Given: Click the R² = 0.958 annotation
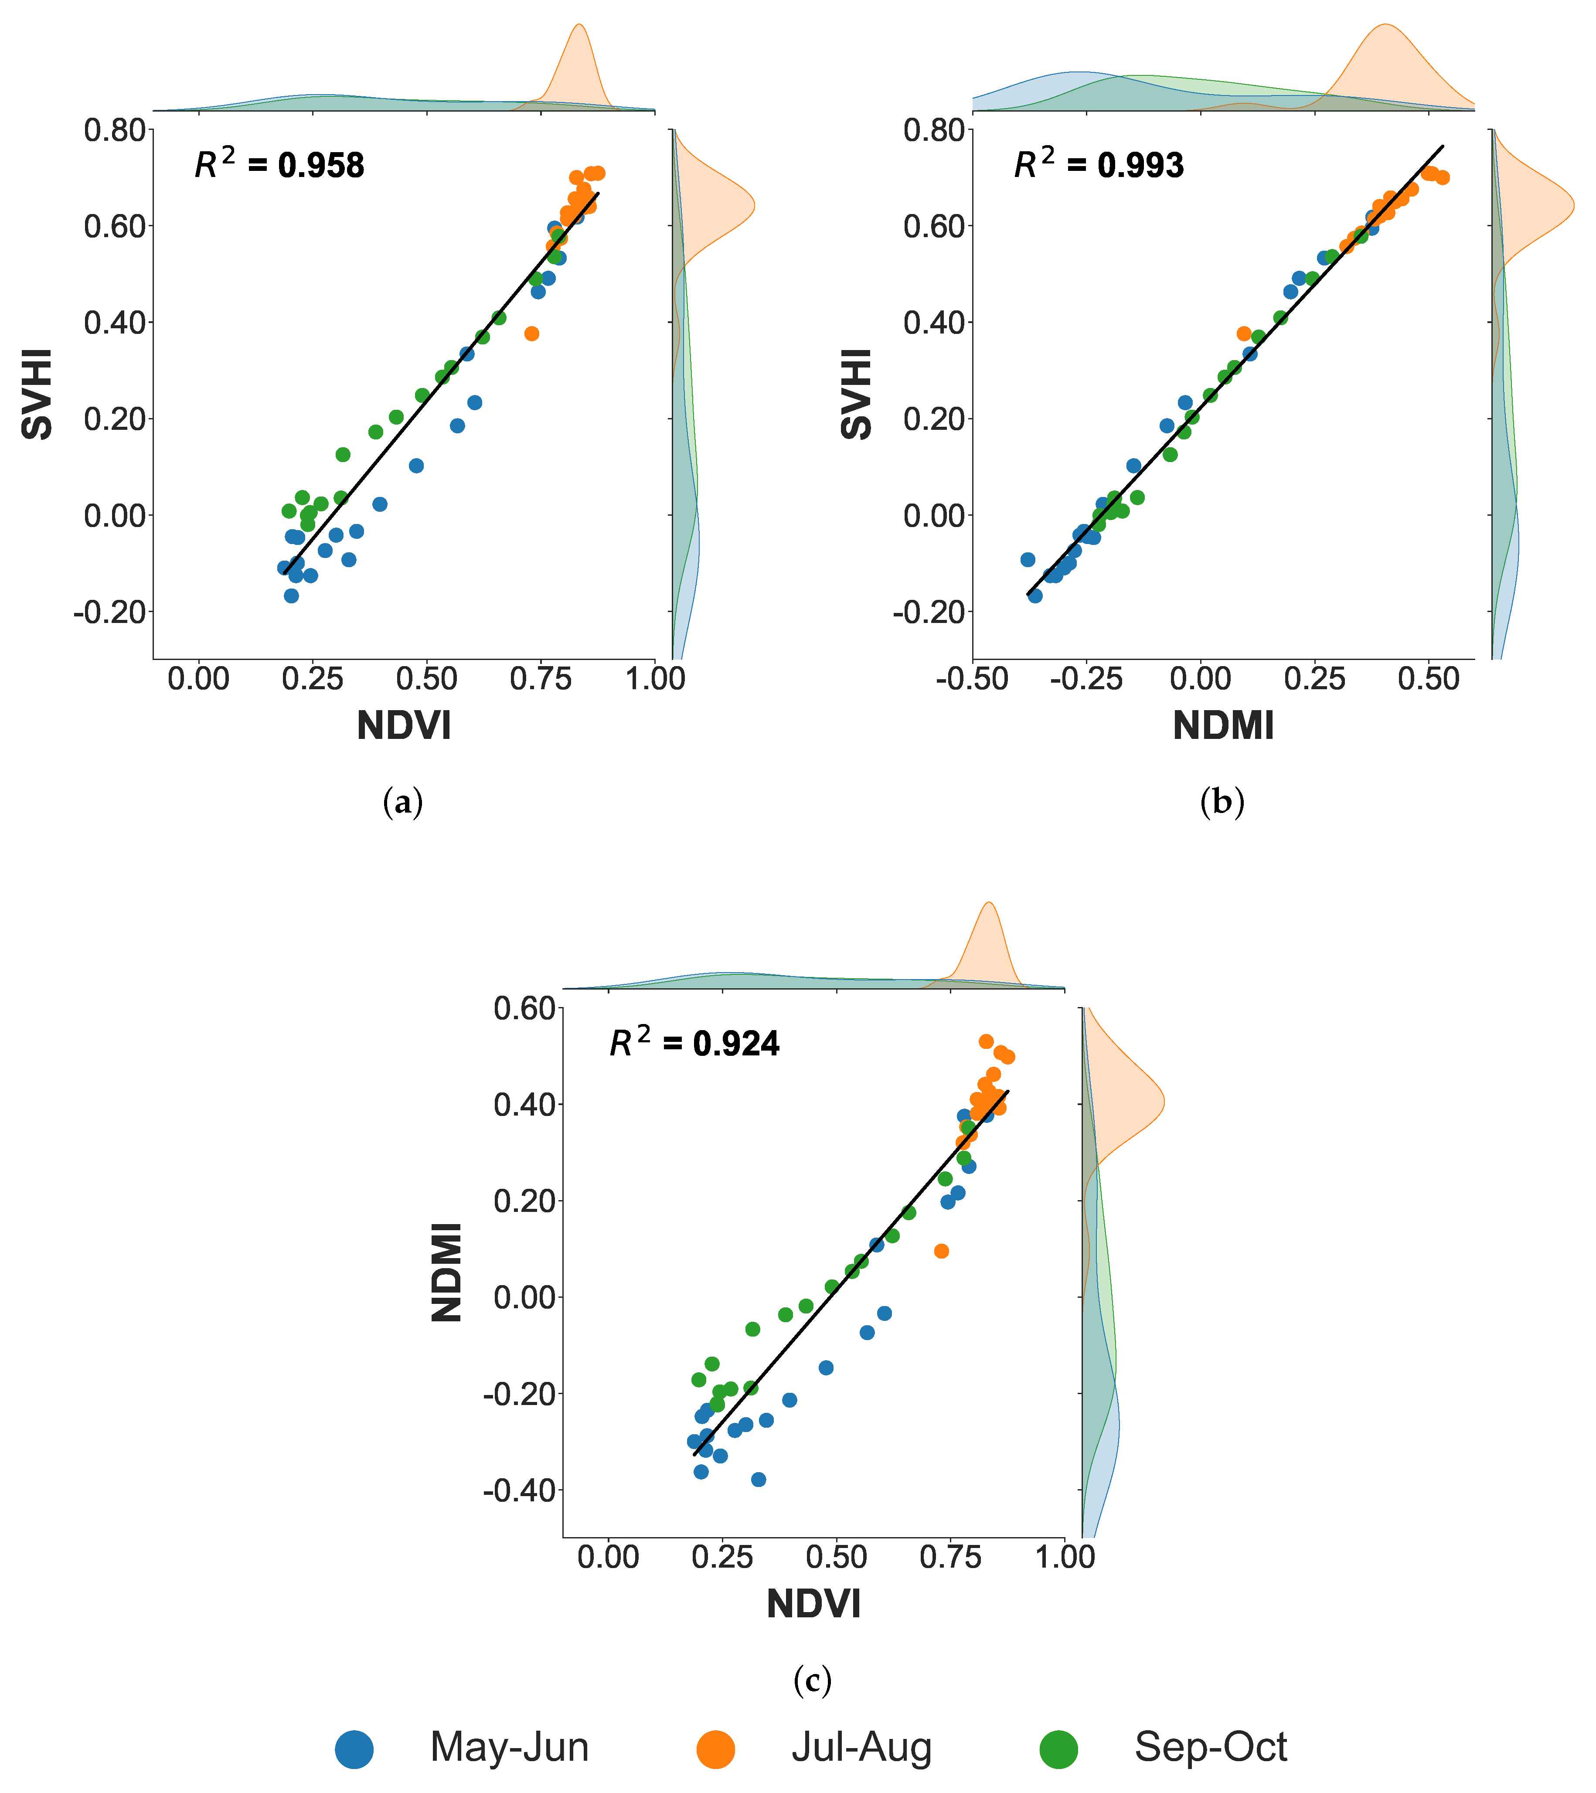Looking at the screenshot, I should point(279,164).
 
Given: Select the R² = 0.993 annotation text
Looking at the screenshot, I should point(1099,164).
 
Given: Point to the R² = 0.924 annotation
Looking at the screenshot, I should point(694,1042).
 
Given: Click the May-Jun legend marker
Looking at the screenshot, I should point(354,1748).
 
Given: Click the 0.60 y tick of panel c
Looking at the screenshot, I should point(525,1009).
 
